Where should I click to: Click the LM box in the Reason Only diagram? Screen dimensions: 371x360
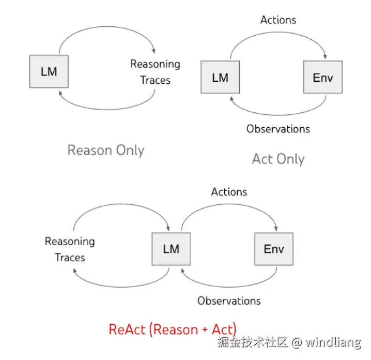click(49, 71)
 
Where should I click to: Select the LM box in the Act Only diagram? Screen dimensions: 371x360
click(220, 78)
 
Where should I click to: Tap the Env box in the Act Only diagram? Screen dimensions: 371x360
click(323, 78)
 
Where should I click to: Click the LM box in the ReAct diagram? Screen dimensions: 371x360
click(171, 249)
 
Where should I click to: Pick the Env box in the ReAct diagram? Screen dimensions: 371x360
click(274, 249)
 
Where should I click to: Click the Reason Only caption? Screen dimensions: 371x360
click(106, 151)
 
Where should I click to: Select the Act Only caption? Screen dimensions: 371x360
click(278, 159)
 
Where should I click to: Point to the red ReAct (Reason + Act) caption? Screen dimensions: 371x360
click(173, 329)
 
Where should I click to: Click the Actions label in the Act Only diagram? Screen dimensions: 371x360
click(278, 20)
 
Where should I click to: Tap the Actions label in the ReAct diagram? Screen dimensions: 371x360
click(229, 192)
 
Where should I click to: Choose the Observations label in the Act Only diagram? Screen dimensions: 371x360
click(278, 129)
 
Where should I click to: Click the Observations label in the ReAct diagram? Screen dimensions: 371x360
click(229, 301)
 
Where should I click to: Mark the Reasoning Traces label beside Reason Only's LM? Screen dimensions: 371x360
click(155, 72)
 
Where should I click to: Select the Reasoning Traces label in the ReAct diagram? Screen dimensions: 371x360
click(70, 249)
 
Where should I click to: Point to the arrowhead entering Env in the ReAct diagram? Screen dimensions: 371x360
click(276, 228)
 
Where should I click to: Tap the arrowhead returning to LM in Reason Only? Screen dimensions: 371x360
click(61, 93)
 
